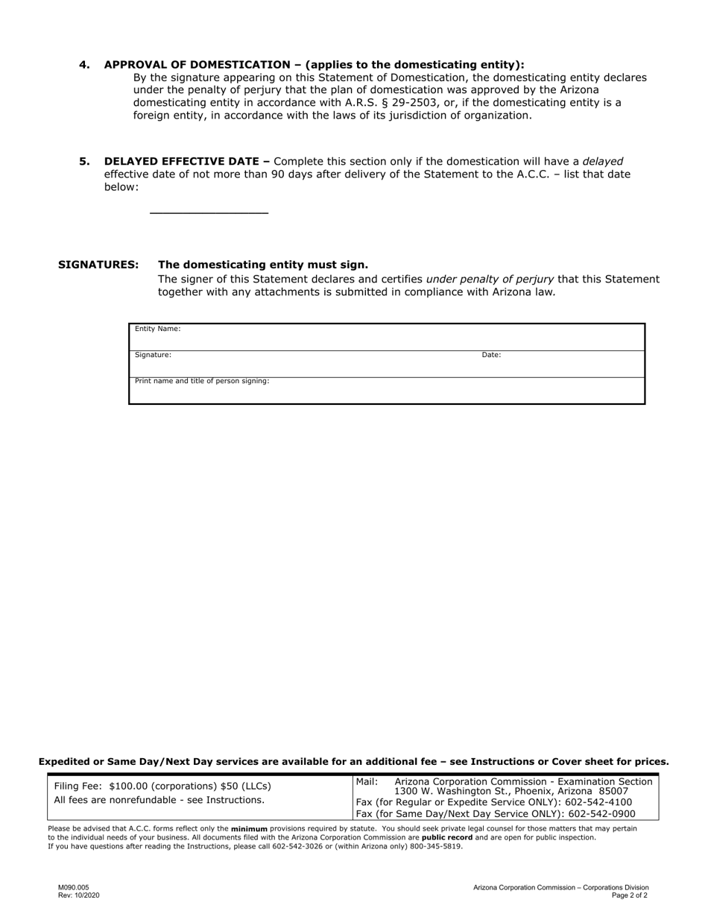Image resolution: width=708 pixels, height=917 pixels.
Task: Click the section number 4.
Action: [x=84, y=65]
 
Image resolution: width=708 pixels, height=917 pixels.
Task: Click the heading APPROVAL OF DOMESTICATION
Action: [x=202, y=65]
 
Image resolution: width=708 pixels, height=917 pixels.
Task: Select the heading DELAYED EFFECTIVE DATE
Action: [x=186, y=162]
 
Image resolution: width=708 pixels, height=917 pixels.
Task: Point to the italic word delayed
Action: [x=602, y=162]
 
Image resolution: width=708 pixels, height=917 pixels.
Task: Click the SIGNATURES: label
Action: [x=98, y=265]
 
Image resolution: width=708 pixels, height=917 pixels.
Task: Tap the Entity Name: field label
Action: [x=157, y=329]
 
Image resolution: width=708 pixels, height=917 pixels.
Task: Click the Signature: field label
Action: [x=153, y=356]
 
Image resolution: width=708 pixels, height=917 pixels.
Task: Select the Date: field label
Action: [x=491, y=356]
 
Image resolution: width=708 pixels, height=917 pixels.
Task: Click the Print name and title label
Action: [x=202, y=381]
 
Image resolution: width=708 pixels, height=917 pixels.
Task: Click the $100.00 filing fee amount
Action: [x=128, y=787]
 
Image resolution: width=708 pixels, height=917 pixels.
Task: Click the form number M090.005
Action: [x=73, y=888]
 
